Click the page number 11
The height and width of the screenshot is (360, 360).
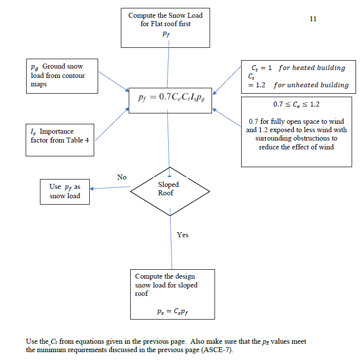pos(313,19)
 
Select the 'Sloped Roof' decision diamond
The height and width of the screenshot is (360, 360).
pos(169,188)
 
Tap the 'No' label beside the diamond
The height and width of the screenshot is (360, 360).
pos(122,177)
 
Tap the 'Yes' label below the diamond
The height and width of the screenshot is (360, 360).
pos(182,235)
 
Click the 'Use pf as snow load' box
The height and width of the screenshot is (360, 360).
pos(64,191)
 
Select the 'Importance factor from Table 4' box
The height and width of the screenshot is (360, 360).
pos(60,136)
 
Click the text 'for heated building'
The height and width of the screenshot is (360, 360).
pos(312,68)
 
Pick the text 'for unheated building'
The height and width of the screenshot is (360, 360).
pos(311,85)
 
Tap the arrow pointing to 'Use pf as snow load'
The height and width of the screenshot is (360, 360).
pos(109,187)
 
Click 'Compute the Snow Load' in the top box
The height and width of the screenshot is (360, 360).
pos(165,15)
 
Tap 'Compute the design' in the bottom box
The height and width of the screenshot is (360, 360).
pos(165,276)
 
